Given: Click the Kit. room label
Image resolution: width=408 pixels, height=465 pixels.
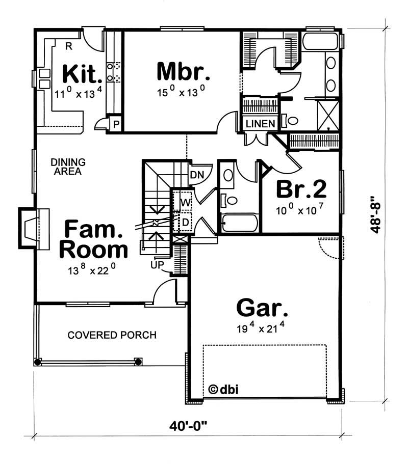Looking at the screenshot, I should (x=82, y=74).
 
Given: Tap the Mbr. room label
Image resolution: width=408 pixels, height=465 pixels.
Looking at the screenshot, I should (x=183, y=72).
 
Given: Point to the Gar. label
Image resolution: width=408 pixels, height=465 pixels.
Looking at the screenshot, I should (x=262, y=308).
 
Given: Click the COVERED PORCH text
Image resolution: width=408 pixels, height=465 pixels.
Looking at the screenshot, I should (x=112, y=335).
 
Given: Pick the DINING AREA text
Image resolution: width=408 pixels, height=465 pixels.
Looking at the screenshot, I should (x=68, y=167).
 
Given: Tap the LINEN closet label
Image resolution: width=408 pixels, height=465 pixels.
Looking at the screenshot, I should (x=261, y=124).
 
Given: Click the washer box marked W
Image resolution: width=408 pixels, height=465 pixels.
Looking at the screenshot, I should (x=184, y=202).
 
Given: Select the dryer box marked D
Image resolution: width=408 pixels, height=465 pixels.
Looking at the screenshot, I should (x=184, y=223).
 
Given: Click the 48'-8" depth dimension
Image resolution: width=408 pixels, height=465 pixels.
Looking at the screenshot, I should (x=376, y=213).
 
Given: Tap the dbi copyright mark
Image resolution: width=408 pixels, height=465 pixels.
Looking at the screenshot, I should (x=223, y=390).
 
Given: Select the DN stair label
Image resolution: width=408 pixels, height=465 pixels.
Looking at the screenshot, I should (x=197, y=175).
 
